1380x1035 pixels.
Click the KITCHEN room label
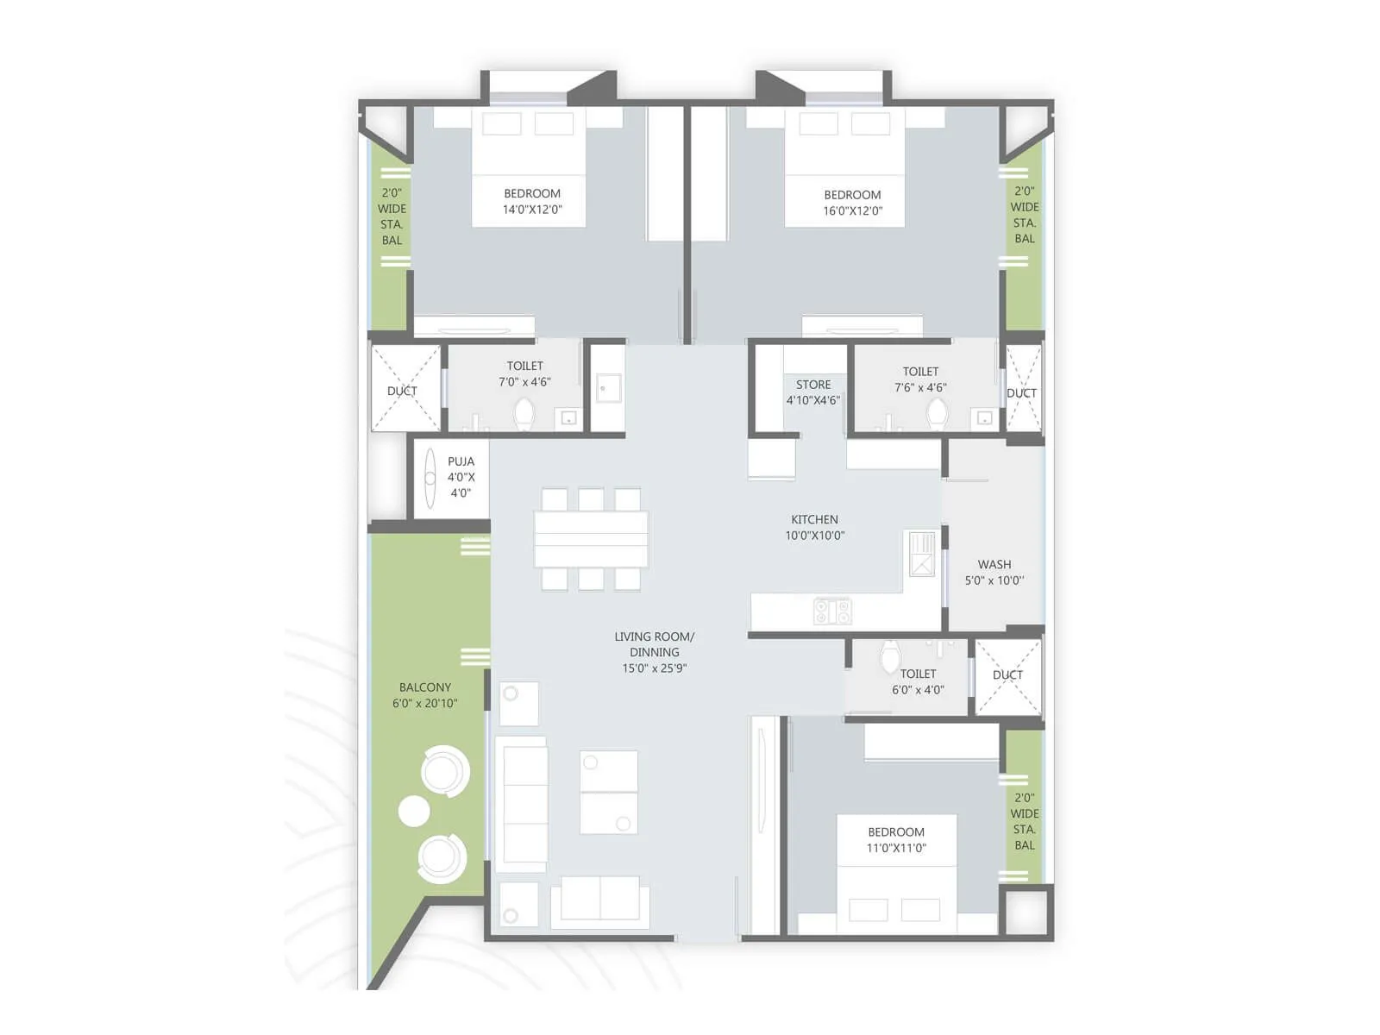814,519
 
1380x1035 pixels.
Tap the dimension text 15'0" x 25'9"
654,668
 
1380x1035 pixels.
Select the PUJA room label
461,461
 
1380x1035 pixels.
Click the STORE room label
813,385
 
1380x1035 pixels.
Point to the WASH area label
994,565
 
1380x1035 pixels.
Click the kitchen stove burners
832,612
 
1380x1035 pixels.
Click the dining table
591,539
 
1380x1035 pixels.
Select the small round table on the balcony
414,811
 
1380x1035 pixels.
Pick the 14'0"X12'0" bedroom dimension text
532,210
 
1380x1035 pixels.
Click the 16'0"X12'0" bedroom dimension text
852,210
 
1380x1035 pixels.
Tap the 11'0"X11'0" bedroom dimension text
896,848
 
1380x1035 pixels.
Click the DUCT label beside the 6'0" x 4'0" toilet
1007,675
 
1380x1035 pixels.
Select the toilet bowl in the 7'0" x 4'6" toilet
524,415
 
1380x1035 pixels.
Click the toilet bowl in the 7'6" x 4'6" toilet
937,414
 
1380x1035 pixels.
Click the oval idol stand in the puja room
430,478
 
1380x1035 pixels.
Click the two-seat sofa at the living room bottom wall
600,899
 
